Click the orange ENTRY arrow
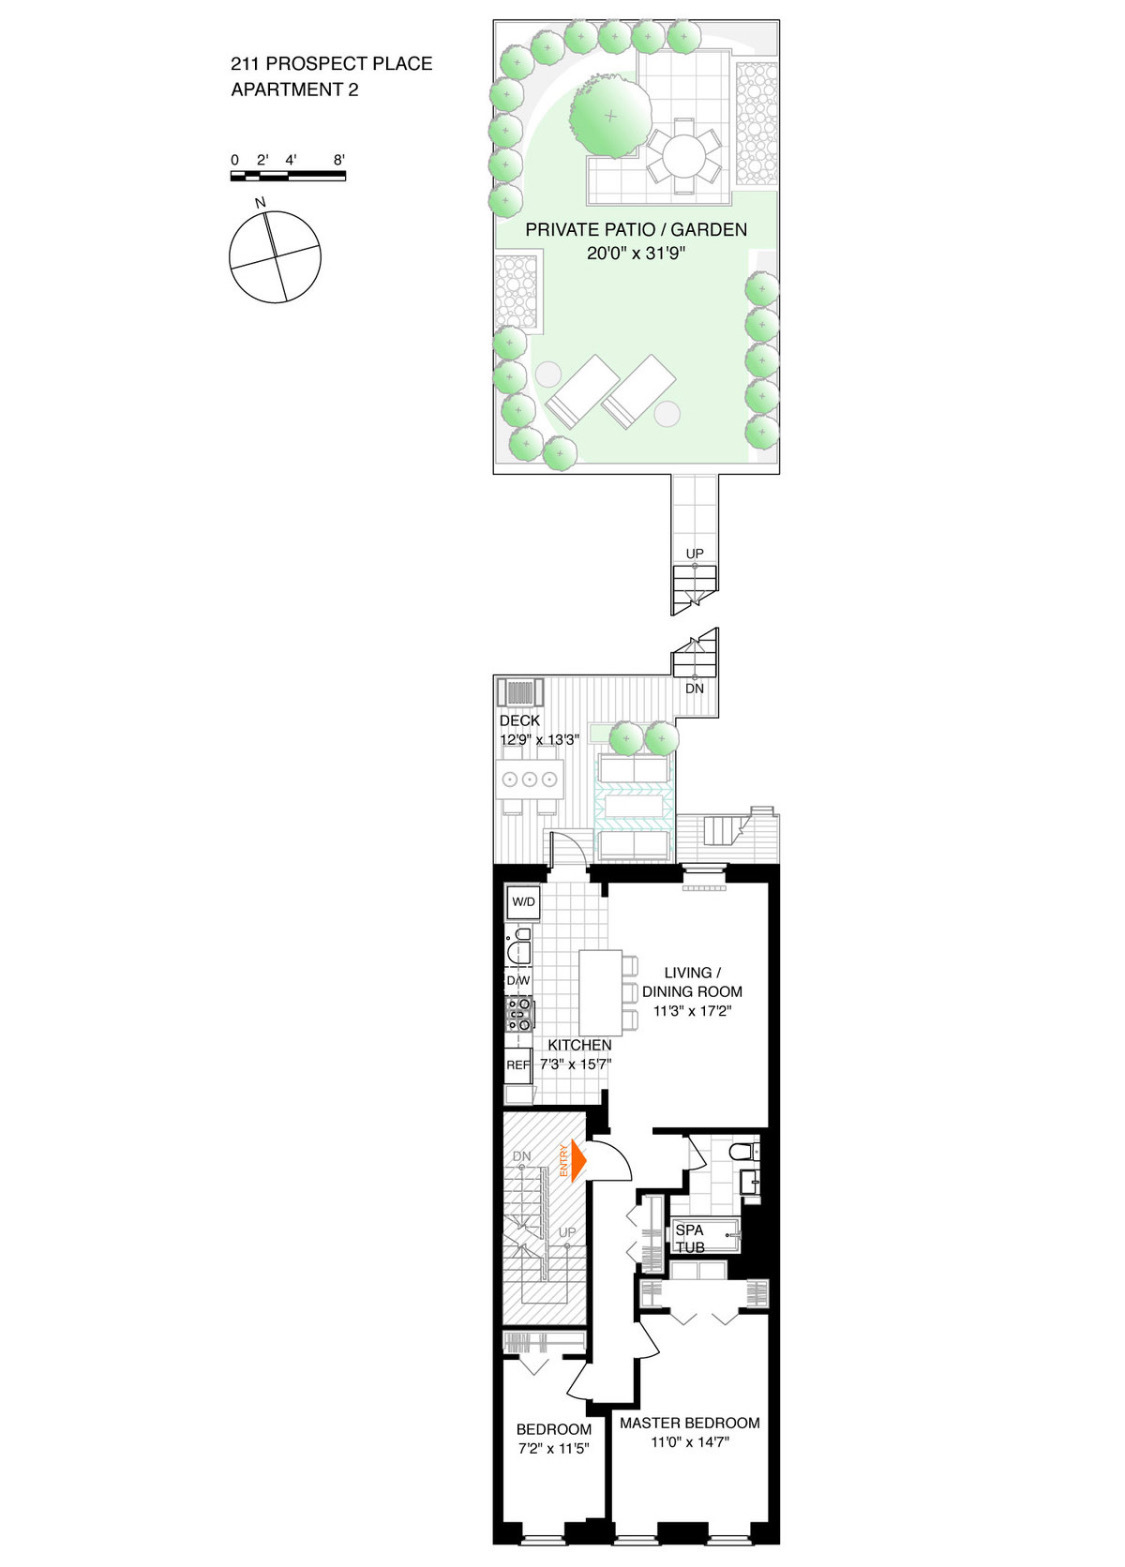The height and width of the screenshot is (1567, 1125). pyautogui.click(x=577, y=1161)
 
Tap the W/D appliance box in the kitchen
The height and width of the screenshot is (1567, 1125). pyautogui.click(x=523, y=902)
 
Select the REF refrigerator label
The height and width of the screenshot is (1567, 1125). pyautogui.click(x=517, y=1065)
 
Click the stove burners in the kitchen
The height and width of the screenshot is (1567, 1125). pyautogui.click(x=520, y=1014)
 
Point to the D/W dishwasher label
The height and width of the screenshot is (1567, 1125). pyautogui.click(x=518, y=980)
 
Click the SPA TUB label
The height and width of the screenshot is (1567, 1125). pyautogui.click(x=690, y=1238)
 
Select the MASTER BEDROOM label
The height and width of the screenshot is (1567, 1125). pyautogui.click(x=690, y=1422)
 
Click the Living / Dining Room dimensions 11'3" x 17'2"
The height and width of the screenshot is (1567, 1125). pyautogui.click(x=692, y=1011)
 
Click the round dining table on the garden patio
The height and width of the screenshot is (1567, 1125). pyautogui.click(x=683, y=156)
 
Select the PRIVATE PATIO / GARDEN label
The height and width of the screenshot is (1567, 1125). pyautogui.click(x=636, y=229)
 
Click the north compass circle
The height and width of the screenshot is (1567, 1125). pyautogui.click(x=275, y=257)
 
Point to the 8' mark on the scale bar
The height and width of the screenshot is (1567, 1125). pyautogui.click(x=339, y=160)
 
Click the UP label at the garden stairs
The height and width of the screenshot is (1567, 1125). pyautogui.click(x=694, y=553)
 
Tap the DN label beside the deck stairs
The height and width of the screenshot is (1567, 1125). pyautogui.click(x=694, y=688)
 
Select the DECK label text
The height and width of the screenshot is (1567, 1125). pyautogui.click(x=519, y=720)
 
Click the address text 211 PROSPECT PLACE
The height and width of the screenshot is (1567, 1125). pyautogui.click(x=331, y=64)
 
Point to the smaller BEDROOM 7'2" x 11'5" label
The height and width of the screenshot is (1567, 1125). pyautogui.click(x=553, y=1438)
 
